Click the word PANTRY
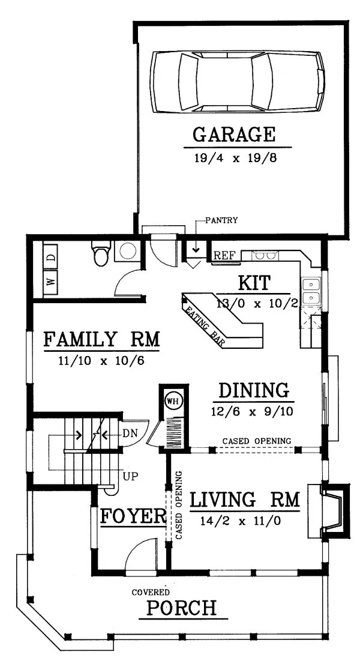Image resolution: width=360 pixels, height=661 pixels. click(x=221, y=220)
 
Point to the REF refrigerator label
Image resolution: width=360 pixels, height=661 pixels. click(x=224, y=256)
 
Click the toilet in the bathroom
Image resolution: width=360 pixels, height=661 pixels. click(x=100, y=254)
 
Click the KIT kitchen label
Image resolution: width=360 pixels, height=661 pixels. click(x=254, y=282)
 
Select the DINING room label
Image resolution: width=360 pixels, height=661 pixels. click(x=253, y=390)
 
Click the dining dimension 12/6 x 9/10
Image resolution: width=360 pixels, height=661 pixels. click(x=253, y=412)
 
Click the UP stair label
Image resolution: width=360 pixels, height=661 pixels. click(x=131, y=478)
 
